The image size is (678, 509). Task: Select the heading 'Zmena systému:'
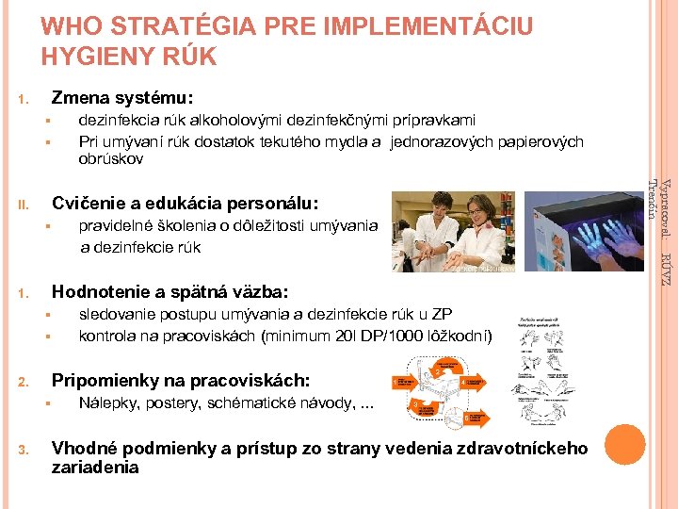coord(122,97)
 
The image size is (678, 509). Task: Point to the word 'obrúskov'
coord(111,159)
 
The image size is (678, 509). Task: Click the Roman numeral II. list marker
coord(29,203)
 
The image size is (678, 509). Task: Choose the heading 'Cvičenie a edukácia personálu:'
coord(186,203)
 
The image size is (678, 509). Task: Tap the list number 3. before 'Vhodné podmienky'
coord(28,449)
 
